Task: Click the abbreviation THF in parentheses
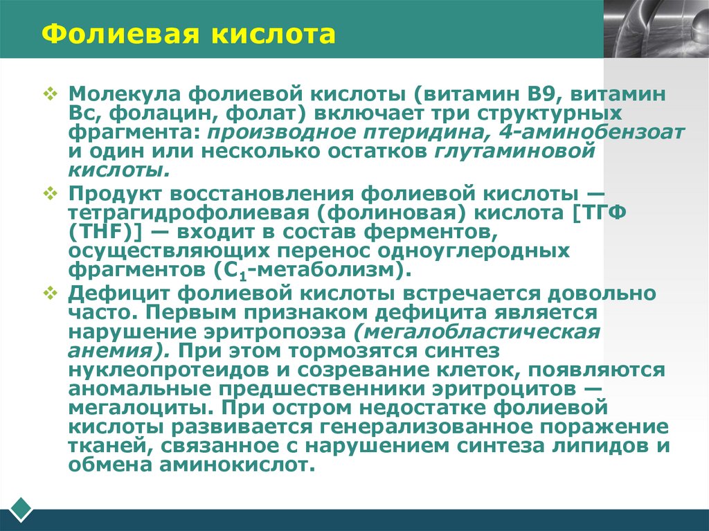(100, 231)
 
